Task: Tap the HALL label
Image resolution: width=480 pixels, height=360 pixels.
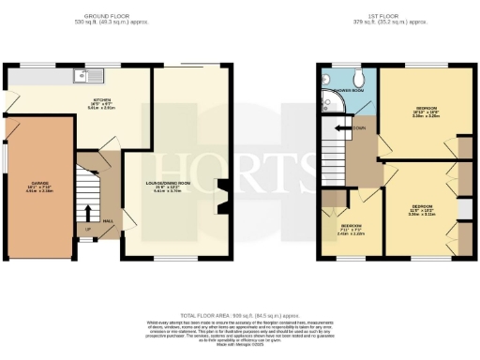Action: tap(109, 221)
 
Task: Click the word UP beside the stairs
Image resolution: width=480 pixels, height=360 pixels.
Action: tap(88, 229)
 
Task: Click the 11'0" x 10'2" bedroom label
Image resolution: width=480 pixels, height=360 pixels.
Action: tap(421, 208)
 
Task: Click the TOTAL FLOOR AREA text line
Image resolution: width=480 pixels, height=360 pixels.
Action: tap(241, 316)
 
